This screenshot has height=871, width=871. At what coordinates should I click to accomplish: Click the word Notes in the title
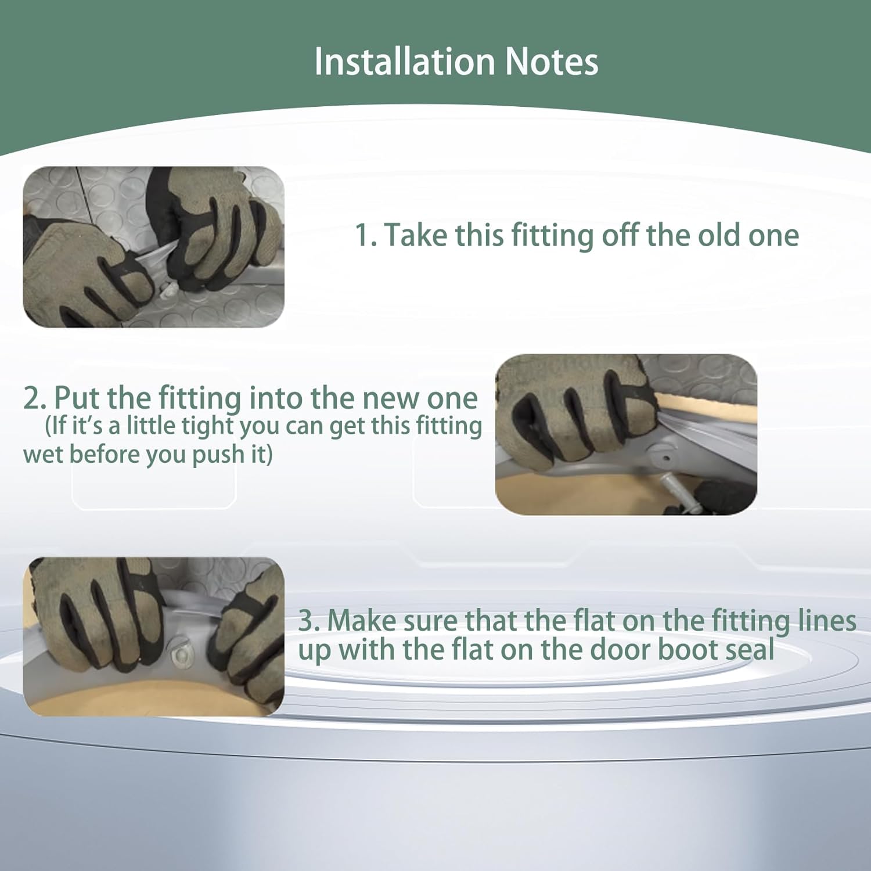[552, 62]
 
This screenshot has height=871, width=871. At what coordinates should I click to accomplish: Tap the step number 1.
[365, 235]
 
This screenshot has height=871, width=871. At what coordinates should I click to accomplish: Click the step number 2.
[35, 398]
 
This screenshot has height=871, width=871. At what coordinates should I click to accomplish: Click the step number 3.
[309, 621]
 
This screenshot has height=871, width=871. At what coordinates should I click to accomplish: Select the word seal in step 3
[751, 649]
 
